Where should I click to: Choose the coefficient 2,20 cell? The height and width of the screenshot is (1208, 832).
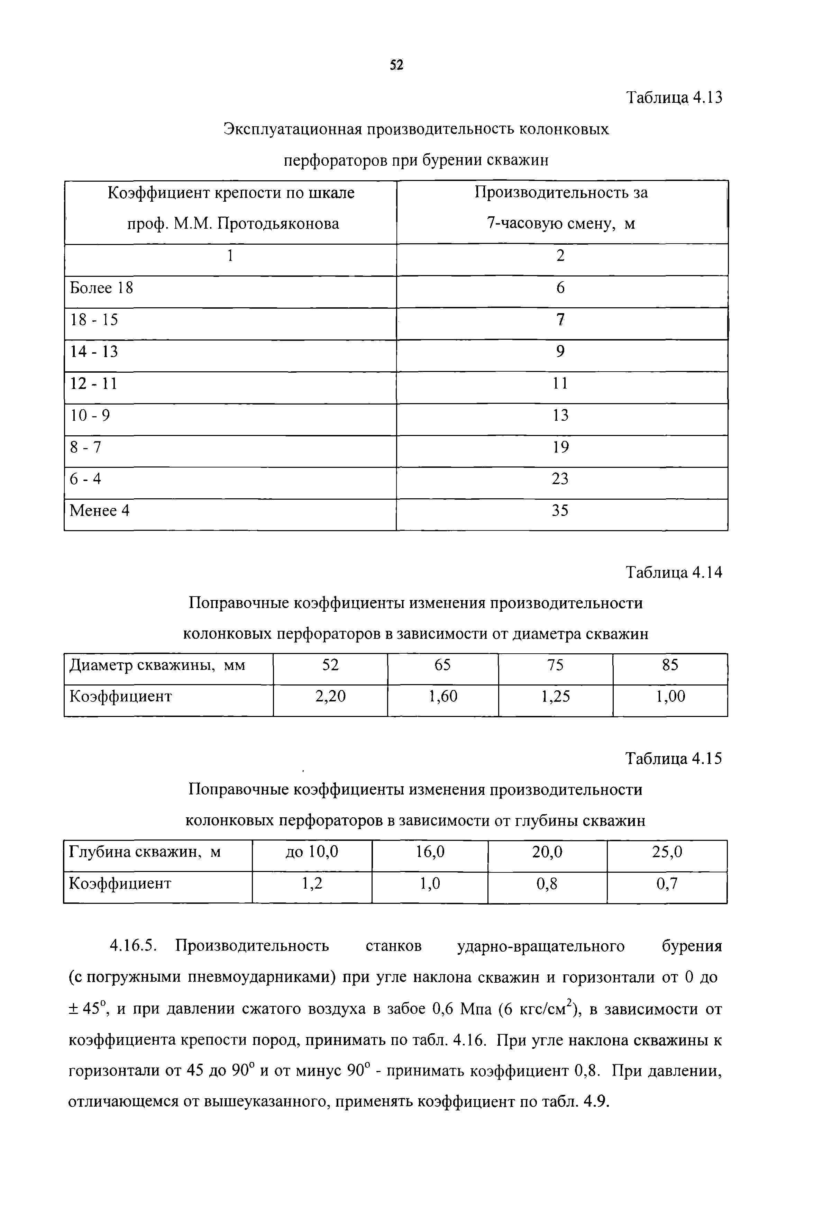(330, 697)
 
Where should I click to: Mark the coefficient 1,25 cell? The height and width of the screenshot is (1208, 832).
(555, 697)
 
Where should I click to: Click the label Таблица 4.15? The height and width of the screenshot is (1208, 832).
(674, 759)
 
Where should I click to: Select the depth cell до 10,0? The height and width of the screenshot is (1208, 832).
(312, 852)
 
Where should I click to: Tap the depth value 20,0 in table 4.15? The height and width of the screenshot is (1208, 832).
(547, 852)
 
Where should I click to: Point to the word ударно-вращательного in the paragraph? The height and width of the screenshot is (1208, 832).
(541, 946)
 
